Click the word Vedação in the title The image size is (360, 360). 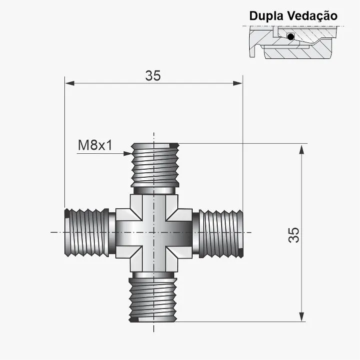coord(312,16)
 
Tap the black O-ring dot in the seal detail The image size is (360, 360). coord(291,37)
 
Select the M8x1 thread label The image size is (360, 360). coord(95,145)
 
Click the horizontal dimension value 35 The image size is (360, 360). coord(153,75)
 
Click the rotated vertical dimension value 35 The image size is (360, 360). coord(294,235)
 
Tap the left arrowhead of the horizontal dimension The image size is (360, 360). coord(70,83)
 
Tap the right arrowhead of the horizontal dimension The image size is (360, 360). coord(238,83)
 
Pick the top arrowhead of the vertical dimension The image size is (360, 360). coord(302,150)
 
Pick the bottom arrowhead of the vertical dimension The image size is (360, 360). coord(302,317)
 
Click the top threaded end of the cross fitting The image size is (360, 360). coord(155,165)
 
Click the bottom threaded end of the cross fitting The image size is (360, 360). coord(153,300)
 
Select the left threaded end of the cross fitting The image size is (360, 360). coord(87,233)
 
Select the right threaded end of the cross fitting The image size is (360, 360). coord(221,234)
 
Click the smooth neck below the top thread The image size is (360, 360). coord(154,191)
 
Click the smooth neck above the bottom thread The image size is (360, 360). coord(154,275)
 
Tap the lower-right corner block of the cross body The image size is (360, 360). coord(179,259)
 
